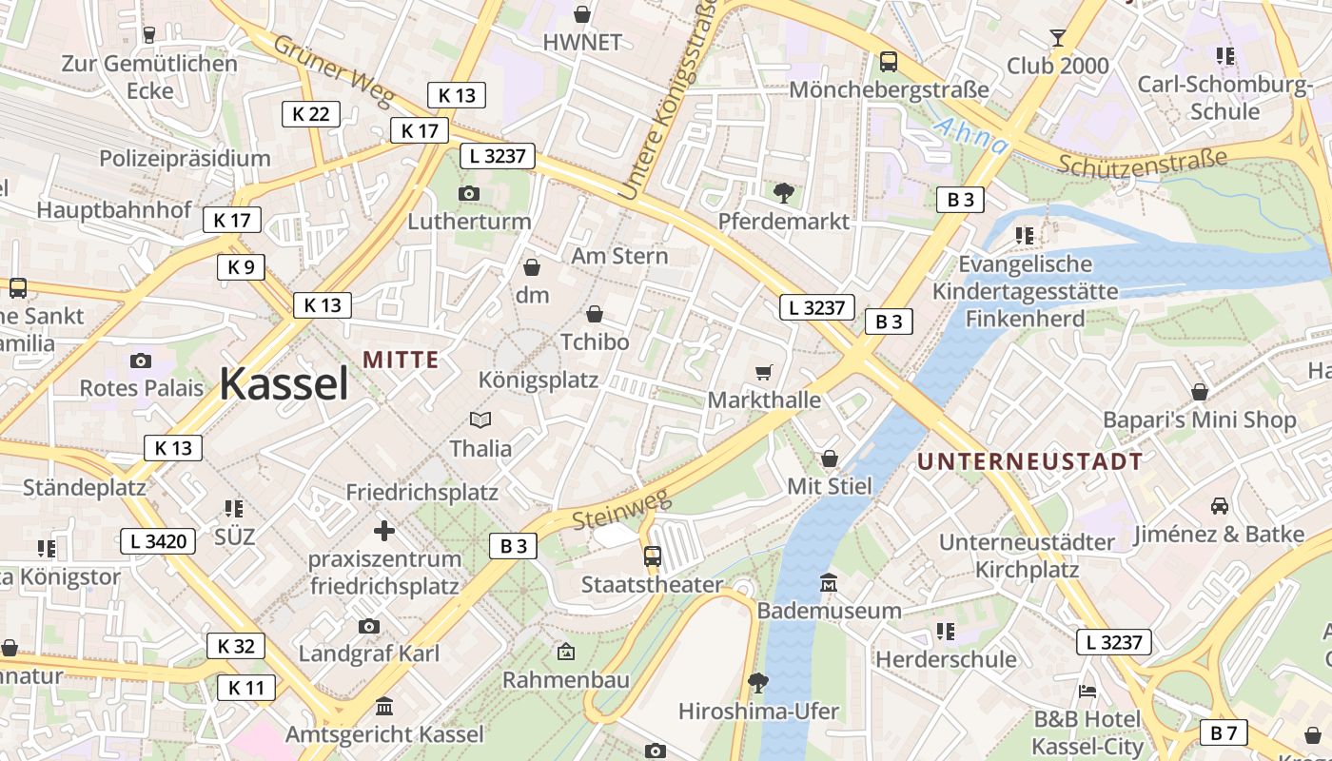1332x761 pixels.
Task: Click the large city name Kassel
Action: pyautogui.click(x=284, y=383)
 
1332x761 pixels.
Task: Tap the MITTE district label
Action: pyautogui.click(x=401, y=360)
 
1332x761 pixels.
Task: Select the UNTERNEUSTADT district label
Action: pyautogui.click(x=1029, y=462)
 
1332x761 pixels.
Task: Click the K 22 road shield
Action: pyautogui.click(x=310, y=114)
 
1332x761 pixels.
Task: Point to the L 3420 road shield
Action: pyautogui.click(x=158, y=542)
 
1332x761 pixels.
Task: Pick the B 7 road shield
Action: pyautogui.click(x=1224, y=732)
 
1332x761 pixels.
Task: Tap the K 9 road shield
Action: pyautogui.click(x=241, y=267)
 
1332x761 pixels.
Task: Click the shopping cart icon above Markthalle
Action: pyautogui.click(x=763, y=372)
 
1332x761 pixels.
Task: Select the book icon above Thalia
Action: pyautogui.click(x=480, y=420)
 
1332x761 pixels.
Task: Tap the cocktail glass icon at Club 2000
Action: pyautogui.click(x=1057, y=38)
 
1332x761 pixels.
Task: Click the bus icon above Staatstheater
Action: pyautogui.click(x=652, y=556)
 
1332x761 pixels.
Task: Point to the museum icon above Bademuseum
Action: pyautogui.click(x=829, y=582)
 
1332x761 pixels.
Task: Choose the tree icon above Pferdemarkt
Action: pyautogui.click(x=783, y=193)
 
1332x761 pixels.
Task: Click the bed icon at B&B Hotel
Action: pyautogui.click(x=1087, y=691)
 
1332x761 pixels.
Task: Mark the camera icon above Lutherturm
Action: pyautogui.click(x=468, y=193)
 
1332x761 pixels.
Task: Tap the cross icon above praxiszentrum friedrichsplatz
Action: pyautogui.click(x=384, y=530)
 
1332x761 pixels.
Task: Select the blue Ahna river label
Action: pyautogui.click(x=971, y=135)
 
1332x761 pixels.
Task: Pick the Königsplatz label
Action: pyautogui.click(x=539, y=380)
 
